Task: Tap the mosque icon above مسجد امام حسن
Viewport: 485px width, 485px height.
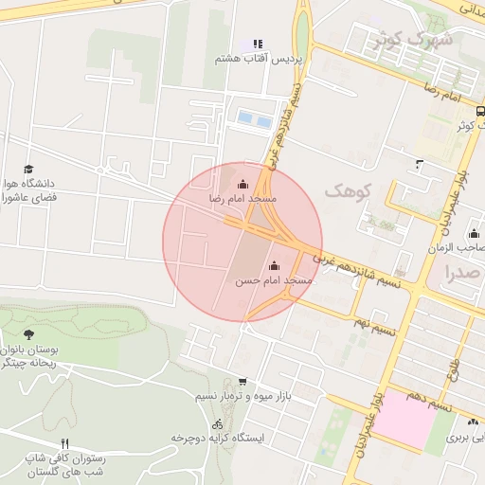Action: (x=274, y=265)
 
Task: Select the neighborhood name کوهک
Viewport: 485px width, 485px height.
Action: (x=344, y=191)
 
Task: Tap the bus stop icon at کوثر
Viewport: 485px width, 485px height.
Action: (x=479, y=110)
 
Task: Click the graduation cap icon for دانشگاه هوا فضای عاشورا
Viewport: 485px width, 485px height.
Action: (x=27, y=169)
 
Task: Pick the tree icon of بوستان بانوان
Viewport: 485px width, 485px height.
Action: (x=28, y=334)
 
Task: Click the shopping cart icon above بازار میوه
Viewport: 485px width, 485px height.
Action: (x=242, y=381)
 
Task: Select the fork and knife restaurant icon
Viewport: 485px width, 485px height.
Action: (x=64, y=443)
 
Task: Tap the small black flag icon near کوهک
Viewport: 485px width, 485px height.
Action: (x=420, y=166)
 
